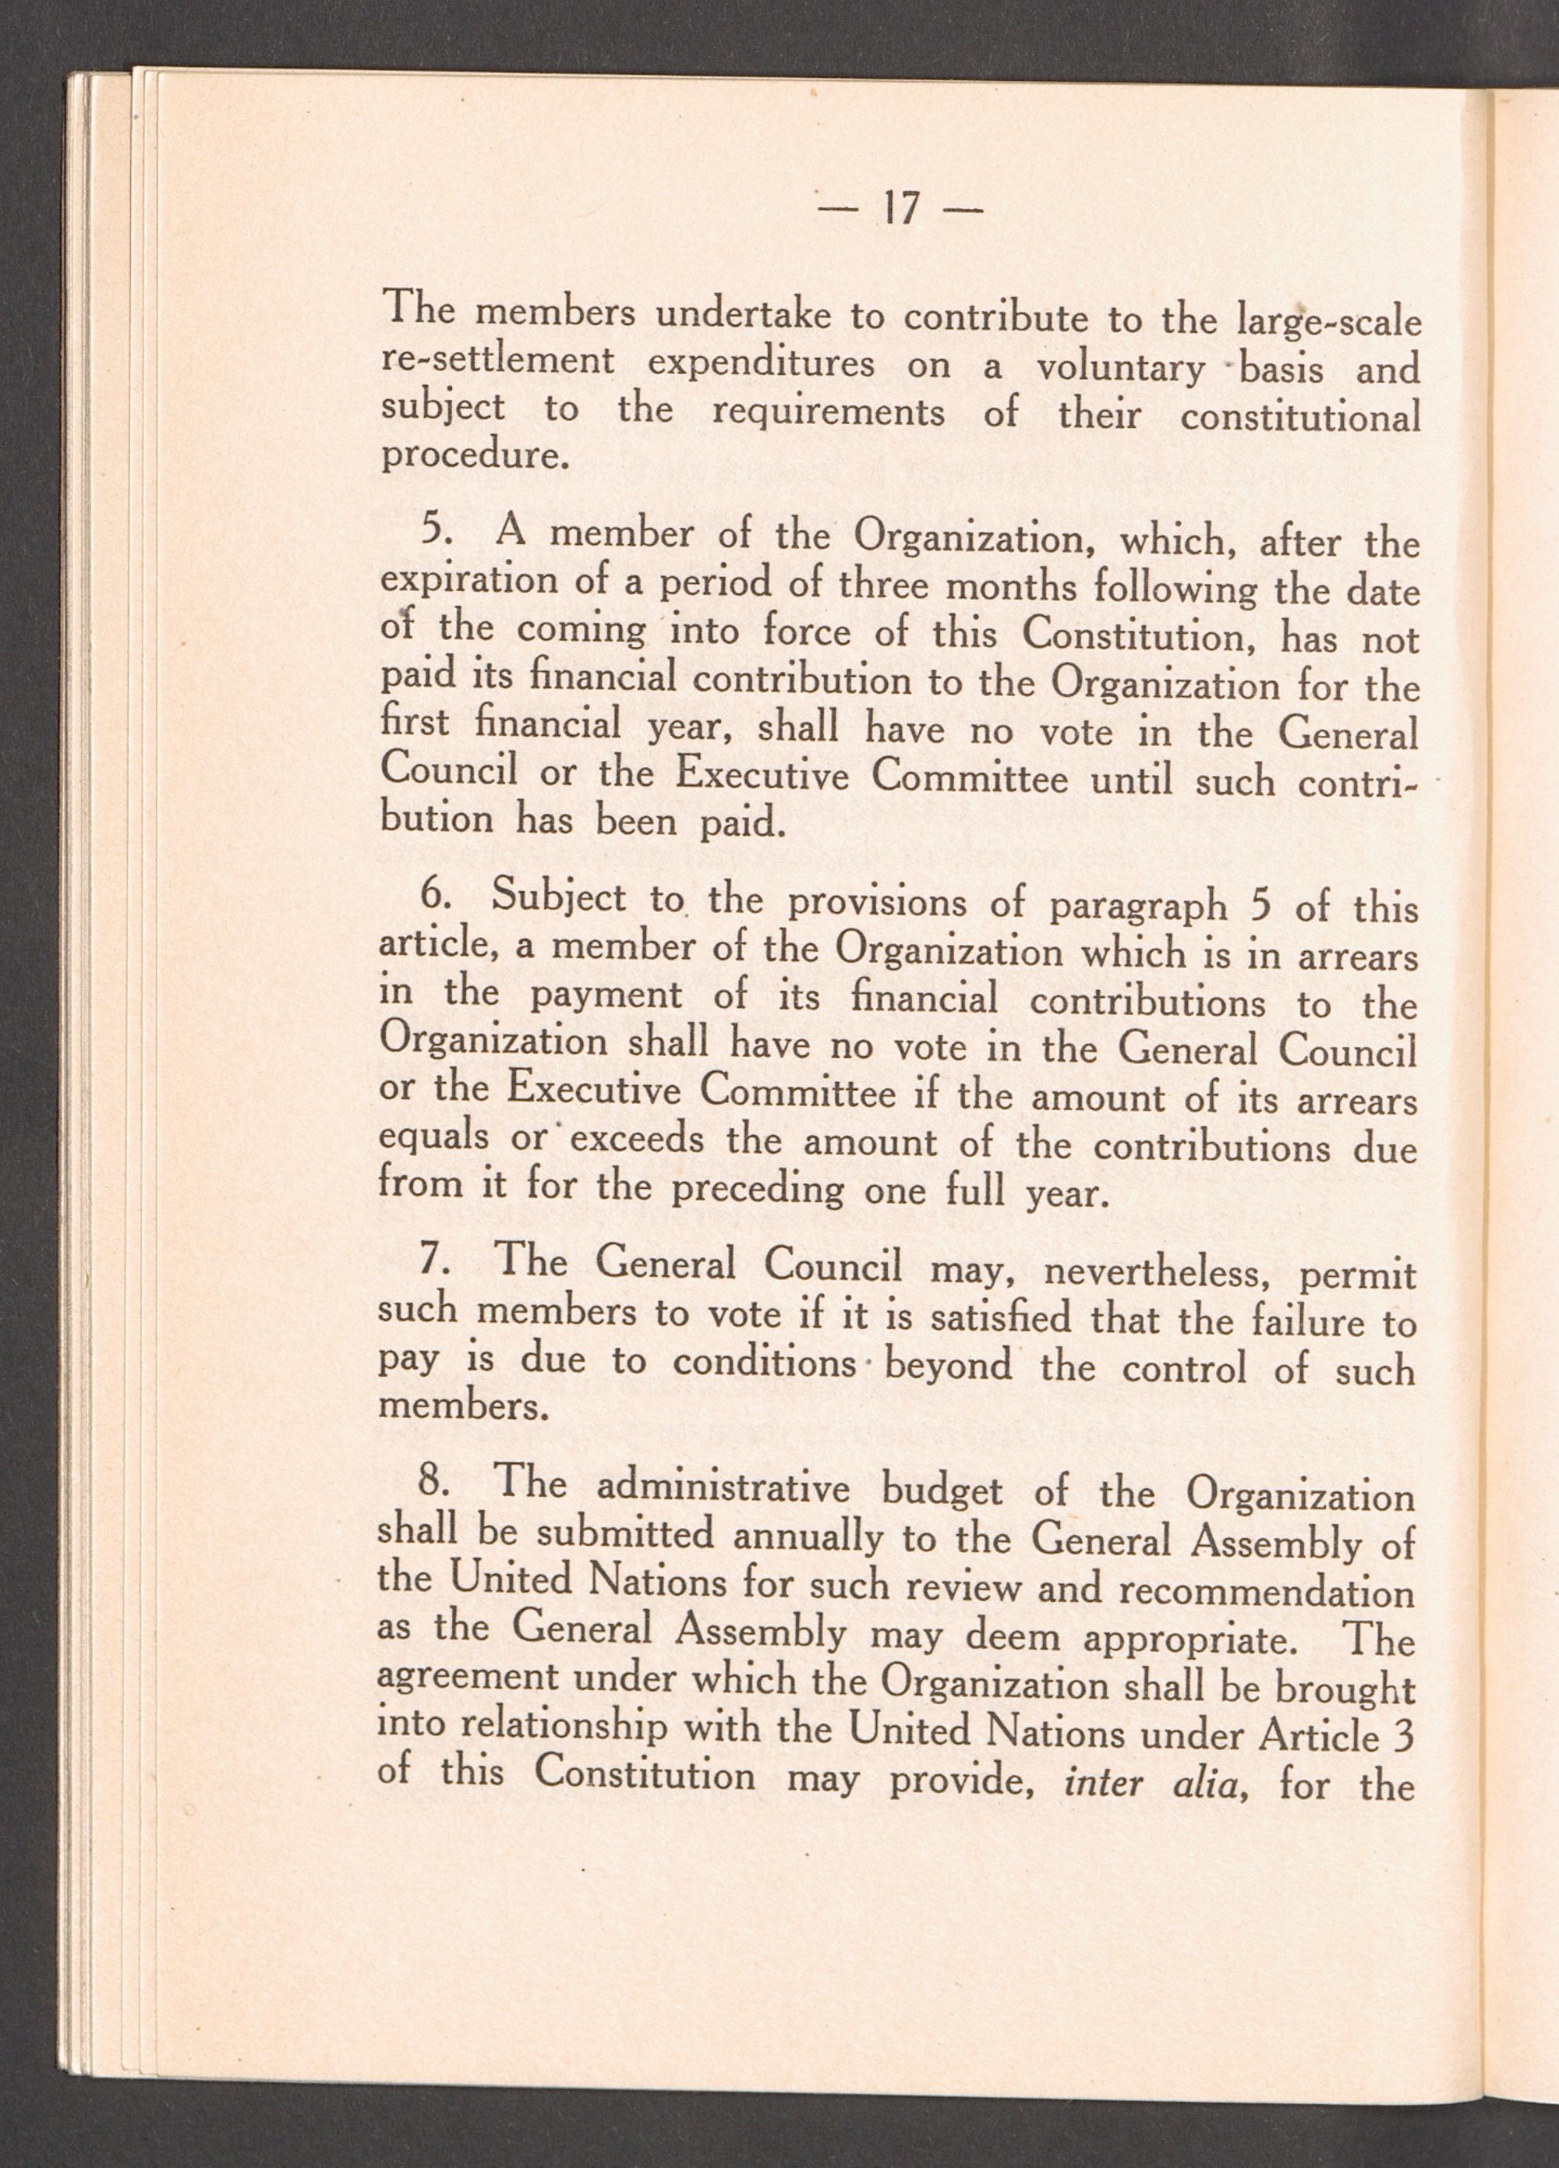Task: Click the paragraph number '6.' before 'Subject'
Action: [435, 897]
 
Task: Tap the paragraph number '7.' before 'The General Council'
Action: [434, 1267]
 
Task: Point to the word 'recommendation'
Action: [1266, 1590]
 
